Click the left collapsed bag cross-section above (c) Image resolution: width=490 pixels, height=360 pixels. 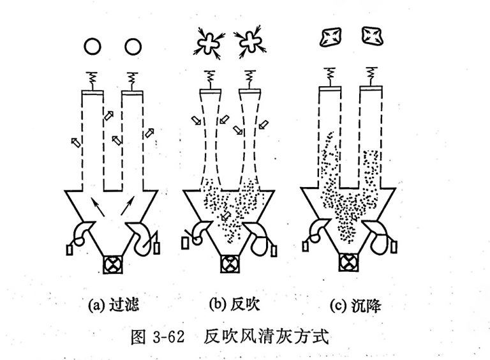[330, 38]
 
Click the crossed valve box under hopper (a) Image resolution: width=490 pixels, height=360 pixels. [115, 263]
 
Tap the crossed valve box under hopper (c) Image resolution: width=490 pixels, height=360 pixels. [348, 262]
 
